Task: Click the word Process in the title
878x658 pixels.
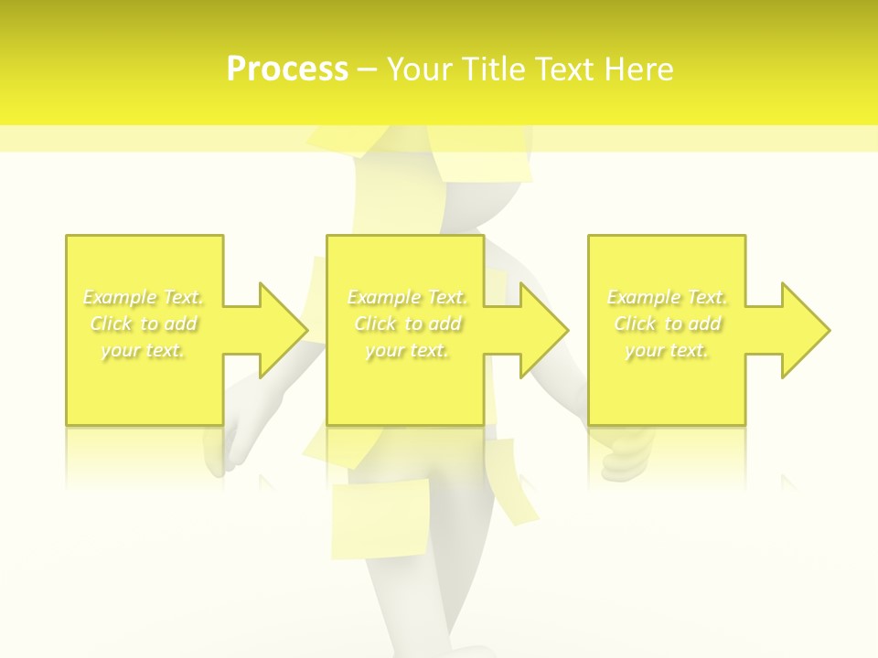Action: click(x=287, y=69)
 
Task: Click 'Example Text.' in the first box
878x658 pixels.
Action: click(x=144, y=297)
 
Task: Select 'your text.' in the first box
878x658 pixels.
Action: click(x=144, y=350)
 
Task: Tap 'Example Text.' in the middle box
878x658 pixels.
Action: click(x=407, y=297)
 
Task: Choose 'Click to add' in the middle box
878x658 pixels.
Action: click(x=407, y=324)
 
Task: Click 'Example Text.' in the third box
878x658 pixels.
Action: click(x=668, y=297)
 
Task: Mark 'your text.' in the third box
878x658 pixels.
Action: click(x=668, y=350)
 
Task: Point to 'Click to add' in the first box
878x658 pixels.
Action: click(x=144, y=324)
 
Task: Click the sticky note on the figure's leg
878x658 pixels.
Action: click(x=380, y=518)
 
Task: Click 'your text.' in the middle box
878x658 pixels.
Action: click(x=407, y=350)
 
